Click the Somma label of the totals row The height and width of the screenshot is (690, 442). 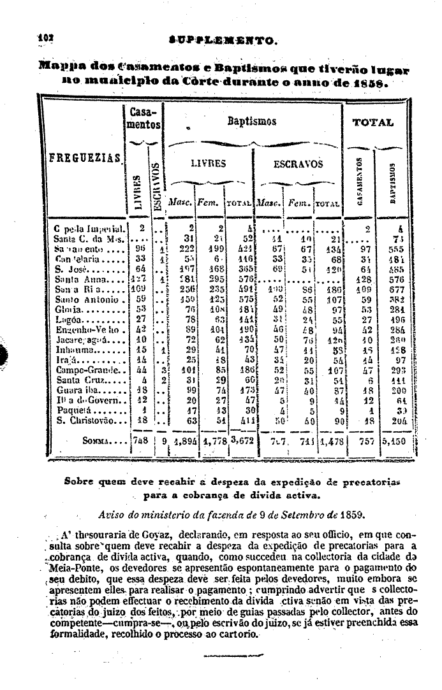pos(98,440)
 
